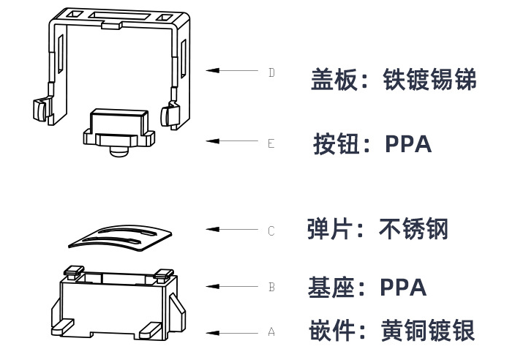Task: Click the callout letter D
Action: click(x=271, y=72)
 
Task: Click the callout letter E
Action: click(x=271, y=143)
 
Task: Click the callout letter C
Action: click(x=271, y=231)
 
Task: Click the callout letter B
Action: click(x=271, y=288)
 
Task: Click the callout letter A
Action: click(x=271, y=332)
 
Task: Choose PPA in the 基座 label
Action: click(x=403, y=288)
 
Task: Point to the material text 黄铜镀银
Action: click(x=428, y=331)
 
